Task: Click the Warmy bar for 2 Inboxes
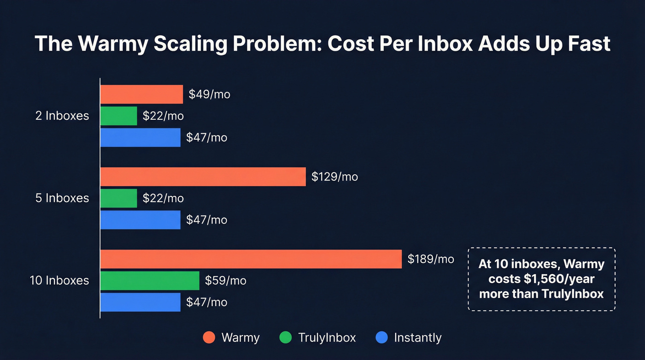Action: (141, 94)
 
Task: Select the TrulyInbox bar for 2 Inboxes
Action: (119, 116)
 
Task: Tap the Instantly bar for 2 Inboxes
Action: (140, 137)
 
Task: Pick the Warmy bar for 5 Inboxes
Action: (203, 177)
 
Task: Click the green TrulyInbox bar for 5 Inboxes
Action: (119, 198)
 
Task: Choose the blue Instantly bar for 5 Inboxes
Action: (140, 220)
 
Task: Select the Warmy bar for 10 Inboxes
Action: (251, 259)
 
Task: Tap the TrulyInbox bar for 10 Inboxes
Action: (150, 280)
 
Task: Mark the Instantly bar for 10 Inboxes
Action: (140, 302)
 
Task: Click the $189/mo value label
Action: (431, 259)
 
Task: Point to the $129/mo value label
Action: (334, 177)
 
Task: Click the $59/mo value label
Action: (225, 280)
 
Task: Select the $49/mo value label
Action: (209, 94)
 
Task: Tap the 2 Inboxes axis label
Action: (62, 116)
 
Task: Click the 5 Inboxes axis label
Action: (62, 198)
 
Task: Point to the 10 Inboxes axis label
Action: (59, 280)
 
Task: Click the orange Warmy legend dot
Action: (209, 337)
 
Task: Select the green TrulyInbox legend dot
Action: (286, 337)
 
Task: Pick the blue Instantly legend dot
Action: (382, 337)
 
